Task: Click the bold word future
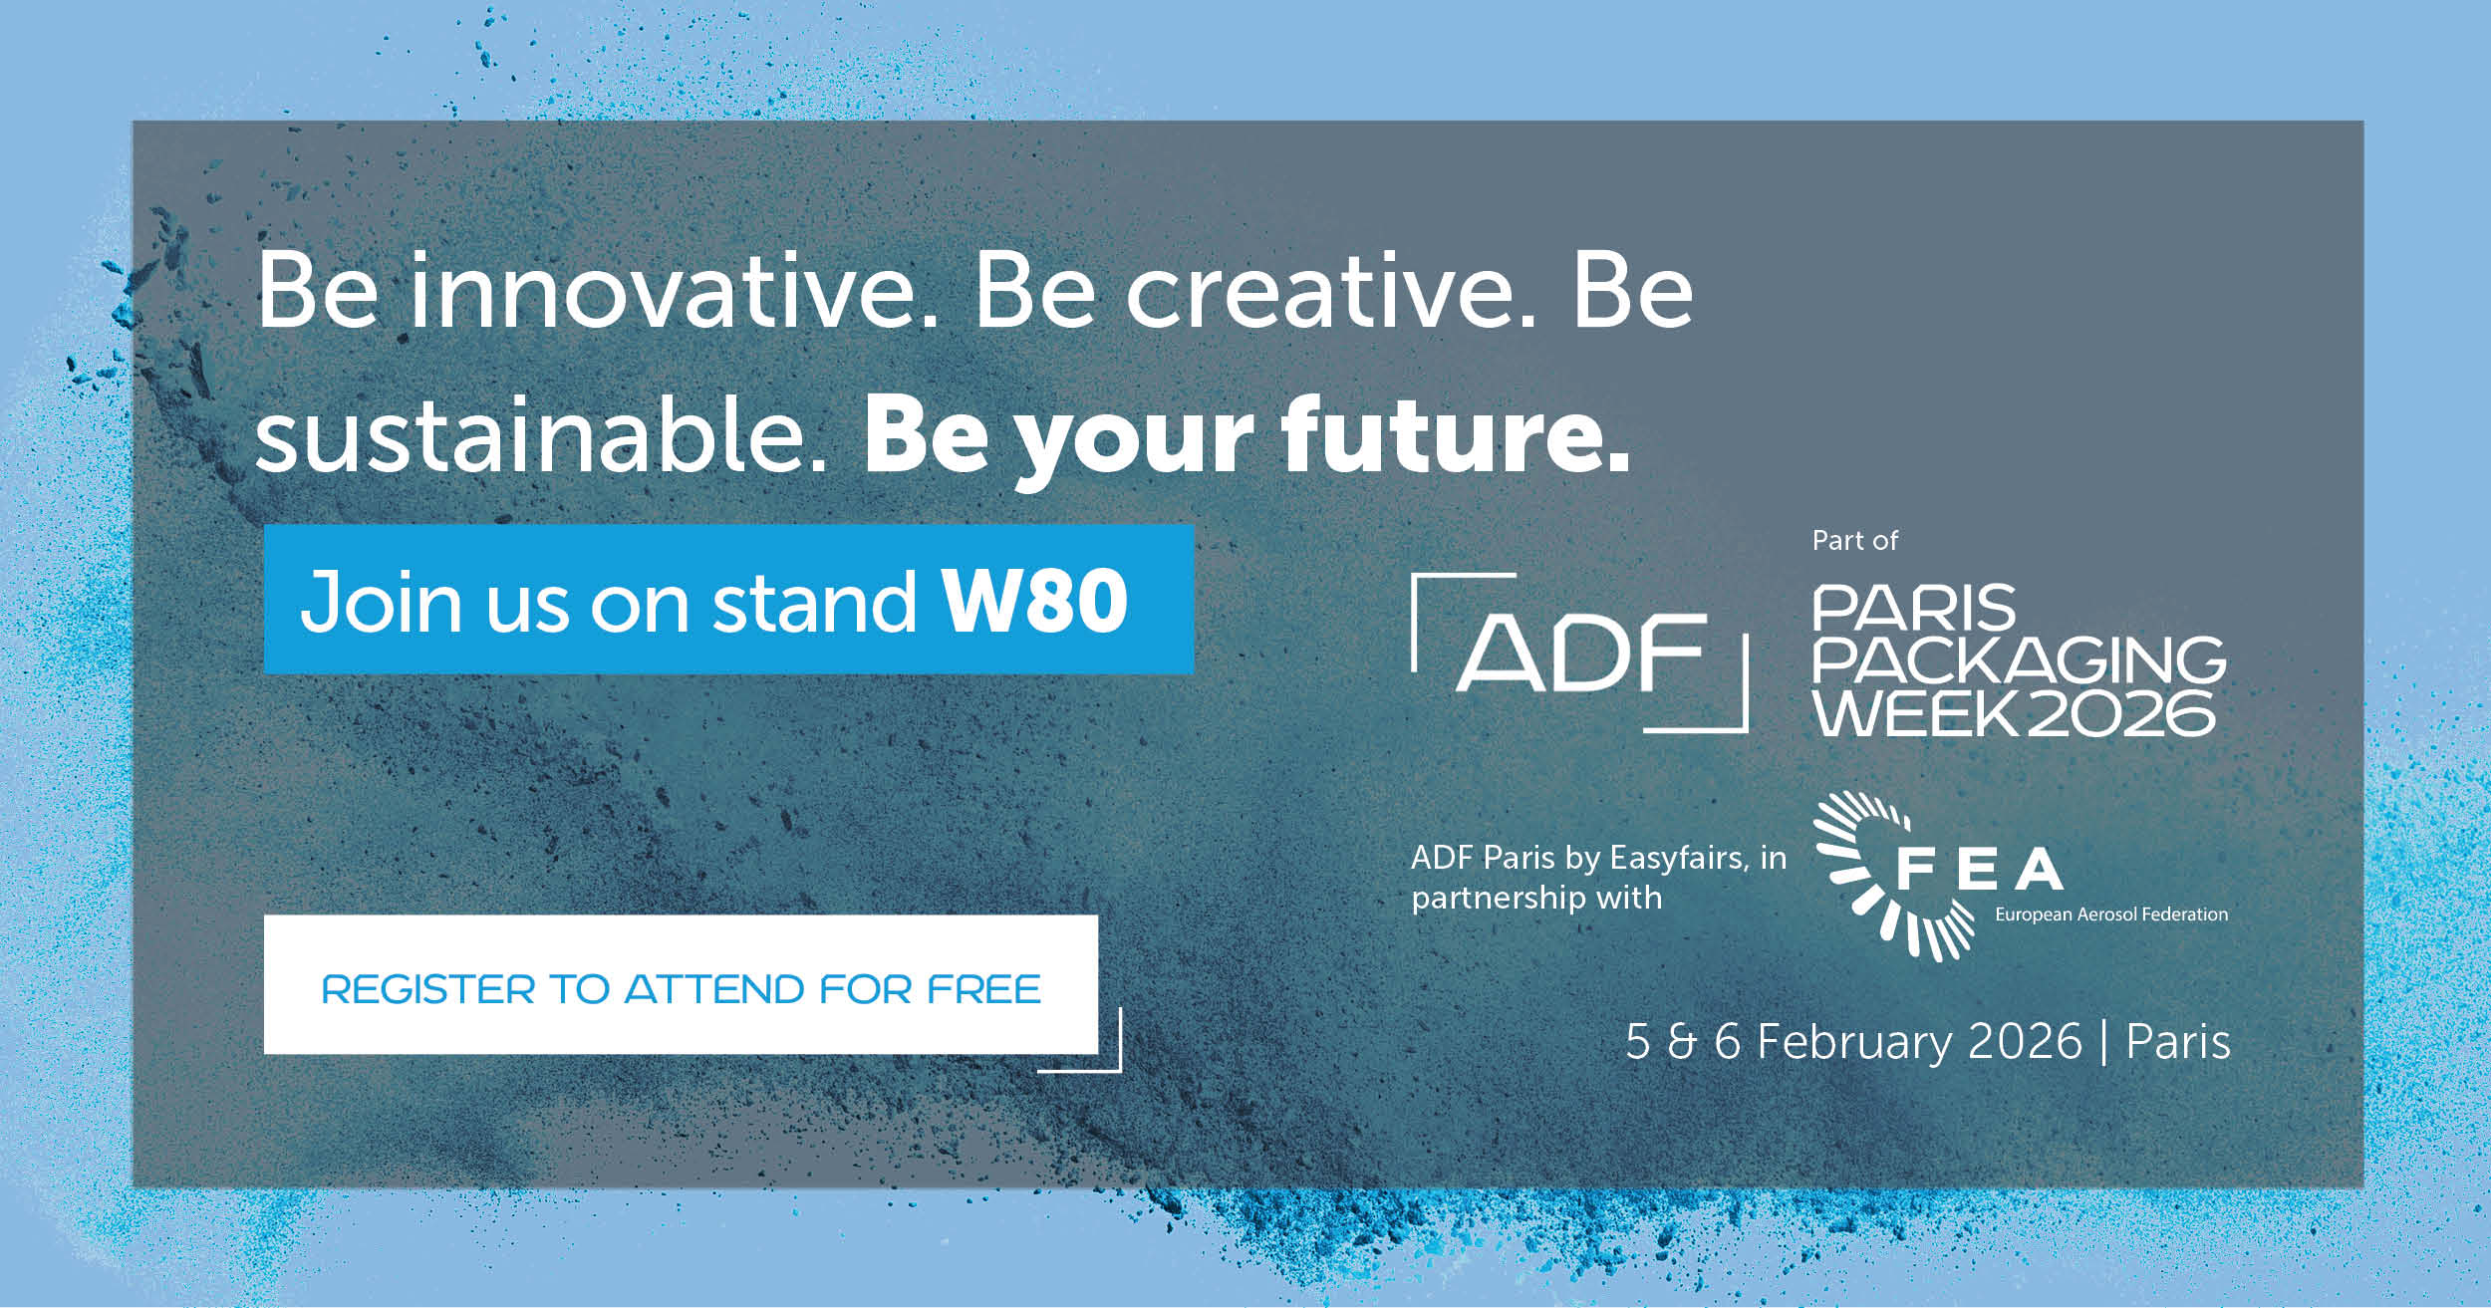1456,433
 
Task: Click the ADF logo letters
1582,652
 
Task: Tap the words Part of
1855,540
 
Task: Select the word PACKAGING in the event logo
2019,660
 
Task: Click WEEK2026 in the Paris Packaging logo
2014,712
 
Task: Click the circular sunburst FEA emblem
1878,876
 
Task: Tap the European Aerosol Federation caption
2111,915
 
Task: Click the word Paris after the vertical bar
2178,1042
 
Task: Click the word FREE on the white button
983,989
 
